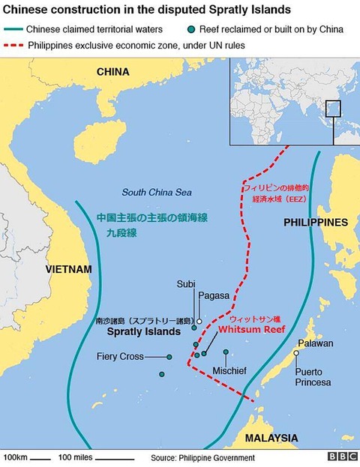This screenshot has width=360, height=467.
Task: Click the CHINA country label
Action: point(112,72)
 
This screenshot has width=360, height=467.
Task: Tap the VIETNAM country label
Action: point(68,269)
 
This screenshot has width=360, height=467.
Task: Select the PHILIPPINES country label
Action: point(315,223)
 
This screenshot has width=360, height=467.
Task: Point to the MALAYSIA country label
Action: point(272,438)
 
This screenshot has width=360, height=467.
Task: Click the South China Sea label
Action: point(157,193)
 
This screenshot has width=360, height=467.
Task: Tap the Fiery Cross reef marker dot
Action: point(169,357)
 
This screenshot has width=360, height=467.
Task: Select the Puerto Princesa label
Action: point(313,377)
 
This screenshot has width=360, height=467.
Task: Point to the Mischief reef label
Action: point(229,370)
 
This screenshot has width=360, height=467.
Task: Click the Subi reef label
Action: point(186,284)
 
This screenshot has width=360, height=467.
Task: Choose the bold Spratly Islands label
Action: point(144,331)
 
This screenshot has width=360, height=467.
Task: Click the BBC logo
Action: point(342,457)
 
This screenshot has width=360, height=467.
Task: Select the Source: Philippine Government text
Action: point(202,457)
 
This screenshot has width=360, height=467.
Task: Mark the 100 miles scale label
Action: point(75,457)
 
